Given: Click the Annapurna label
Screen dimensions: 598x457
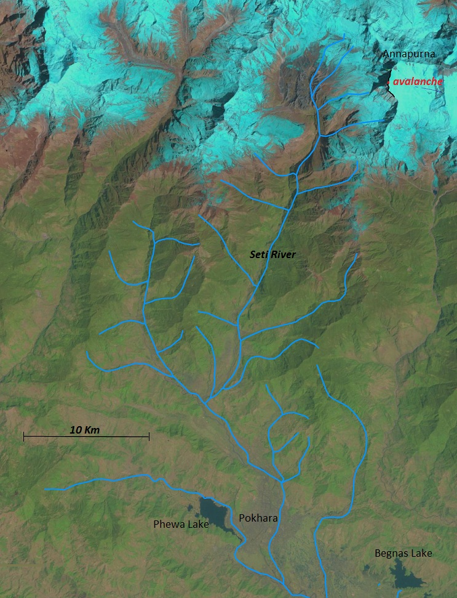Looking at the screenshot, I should (409, 54).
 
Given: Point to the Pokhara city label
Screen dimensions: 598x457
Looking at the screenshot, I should (258, 519).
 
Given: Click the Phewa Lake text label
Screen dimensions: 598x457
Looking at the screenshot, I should (181, 524).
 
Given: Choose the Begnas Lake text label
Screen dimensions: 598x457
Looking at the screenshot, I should (403, 553).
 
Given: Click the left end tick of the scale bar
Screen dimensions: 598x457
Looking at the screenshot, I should (24, 437).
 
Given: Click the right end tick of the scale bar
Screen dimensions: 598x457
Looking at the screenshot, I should (149, 437).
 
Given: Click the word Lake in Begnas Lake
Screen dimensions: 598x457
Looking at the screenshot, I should (421, 553).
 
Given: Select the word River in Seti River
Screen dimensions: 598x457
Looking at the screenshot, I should (282, 254).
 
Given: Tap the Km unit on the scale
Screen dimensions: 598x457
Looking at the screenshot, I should (92, 429).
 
